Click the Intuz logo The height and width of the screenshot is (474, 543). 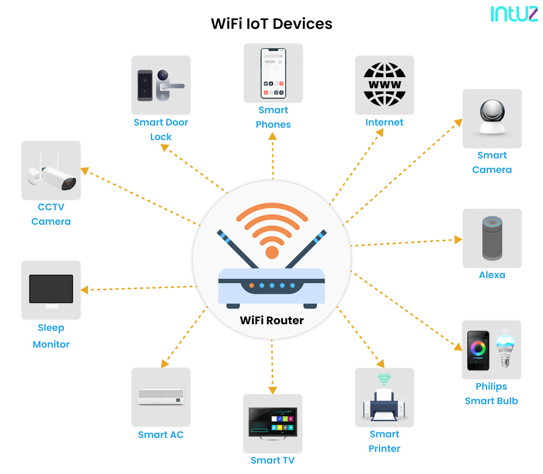514,14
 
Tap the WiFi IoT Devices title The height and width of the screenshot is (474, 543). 271,24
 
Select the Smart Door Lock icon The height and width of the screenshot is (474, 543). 161,85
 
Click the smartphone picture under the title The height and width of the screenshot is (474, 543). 273,73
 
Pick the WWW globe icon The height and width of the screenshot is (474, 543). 385,85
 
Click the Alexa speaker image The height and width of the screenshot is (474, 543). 492,238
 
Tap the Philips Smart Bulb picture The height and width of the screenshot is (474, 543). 491,350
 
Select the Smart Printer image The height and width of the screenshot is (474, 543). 384,397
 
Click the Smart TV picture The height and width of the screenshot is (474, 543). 272,423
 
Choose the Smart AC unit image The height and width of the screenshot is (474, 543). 161,397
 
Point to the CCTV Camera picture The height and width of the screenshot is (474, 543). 51,170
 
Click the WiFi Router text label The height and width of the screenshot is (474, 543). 271,321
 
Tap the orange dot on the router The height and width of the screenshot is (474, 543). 252,286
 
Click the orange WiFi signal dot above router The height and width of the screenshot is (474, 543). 272,252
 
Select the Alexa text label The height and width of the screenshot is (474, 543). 492,275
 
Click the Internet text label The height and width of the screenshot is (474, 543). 384,122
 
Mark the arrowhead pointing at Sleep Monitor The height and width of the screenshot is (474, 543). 85,290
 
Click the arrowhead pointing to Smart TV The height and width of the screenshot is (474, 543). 272,390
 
